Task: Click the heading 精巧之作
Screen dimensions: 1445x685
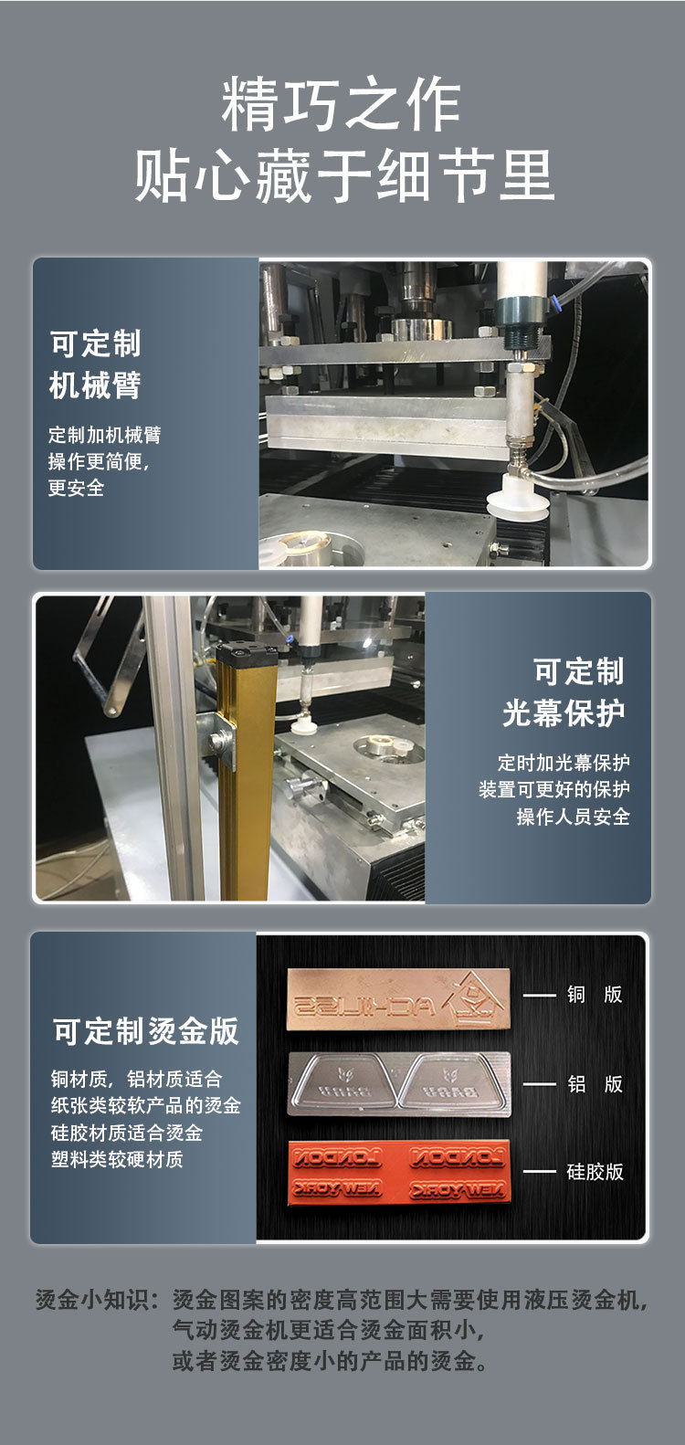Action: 342,105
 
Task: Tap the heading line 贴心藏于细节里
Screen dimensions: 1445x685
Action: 343,175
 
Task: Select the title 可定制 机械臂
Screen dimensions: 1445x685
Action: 95,364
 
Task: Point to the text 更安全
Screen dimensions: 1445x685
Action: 76,488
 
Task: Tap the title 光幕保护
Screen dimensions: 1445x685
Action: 564,712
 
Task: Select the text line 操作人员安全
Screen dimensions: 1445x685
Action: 573,816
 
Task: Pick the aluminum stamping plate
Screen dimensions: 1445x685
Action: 399,1084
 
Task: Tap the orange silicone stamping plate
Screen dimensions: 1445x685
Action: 399,1171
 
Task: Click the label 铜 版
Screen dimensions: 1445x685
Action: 594,994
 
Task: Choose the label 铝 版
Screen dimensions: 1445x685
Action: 594,1083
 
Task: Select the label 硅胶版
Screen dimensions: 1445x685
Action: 595,1171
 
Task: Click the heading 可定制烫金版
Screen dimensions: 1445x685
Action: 146,1031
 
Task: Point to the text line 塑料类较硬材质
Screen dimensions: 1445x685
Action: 117,1158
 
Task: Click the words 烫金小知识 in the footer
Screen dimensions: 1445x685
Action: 90,1300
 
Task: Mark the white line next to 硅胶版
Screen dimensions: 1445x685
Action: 539,1171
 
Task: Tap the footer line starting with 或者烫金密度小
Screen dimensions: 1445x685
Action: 330,1360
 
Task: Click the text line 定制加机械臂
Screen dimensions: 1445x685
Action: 104,435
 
